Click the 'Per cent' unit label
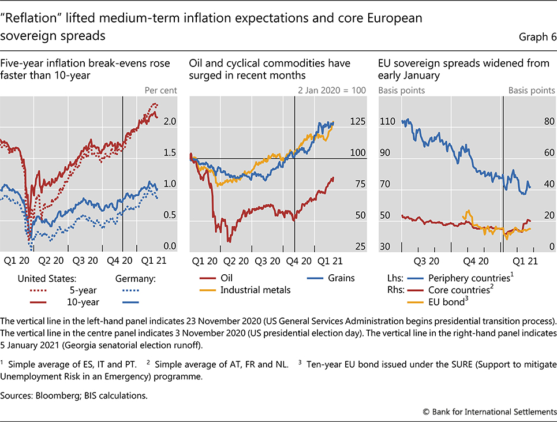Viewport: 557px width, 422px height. click(160, 90)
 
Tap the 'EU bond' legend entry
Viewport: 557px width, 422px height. click(447, 301)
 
